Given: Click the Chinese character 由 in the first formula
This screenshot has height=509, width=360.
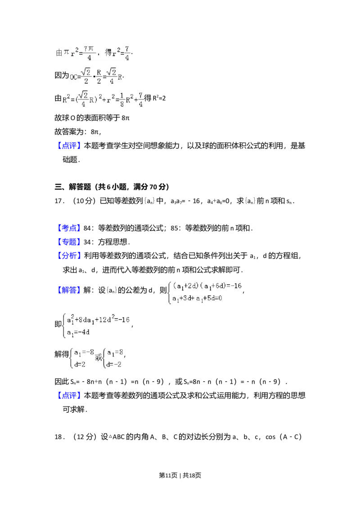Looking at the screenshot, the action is pyautogui.click(x=59, y=53).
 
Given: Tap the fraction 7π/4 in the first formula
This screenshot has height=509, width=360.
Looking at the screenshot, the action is pyautogui.click(x=89, y=53).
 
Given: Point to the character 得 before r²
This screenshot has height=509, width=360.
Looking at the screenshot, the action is pyautogui.click(x=108, y=53).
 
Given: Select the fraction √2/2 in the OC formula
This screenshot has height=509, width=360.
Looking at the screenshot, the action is pyautogui.click(x=86, y=76).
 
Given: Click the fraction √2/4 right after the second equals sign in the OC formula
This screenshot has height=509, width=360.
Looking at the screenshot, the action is pyautogui.click(x=112, y=76).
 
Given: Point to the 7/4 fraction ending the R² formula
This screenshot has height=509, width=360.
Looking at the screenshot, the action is pyautogui.click(x=141, y=99).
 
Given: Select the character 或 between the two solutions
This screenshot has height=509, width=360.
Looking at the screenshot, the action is pyautogui.click(x=99, y=358).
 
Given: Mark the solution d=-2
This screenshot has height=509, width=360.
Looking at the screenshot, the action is pyautogui.click(x=114, y=364).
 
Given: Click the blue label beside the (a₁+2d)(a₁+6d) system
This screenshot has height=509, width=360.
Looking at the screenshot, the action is pyautogui.click(x=69, y=290).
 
